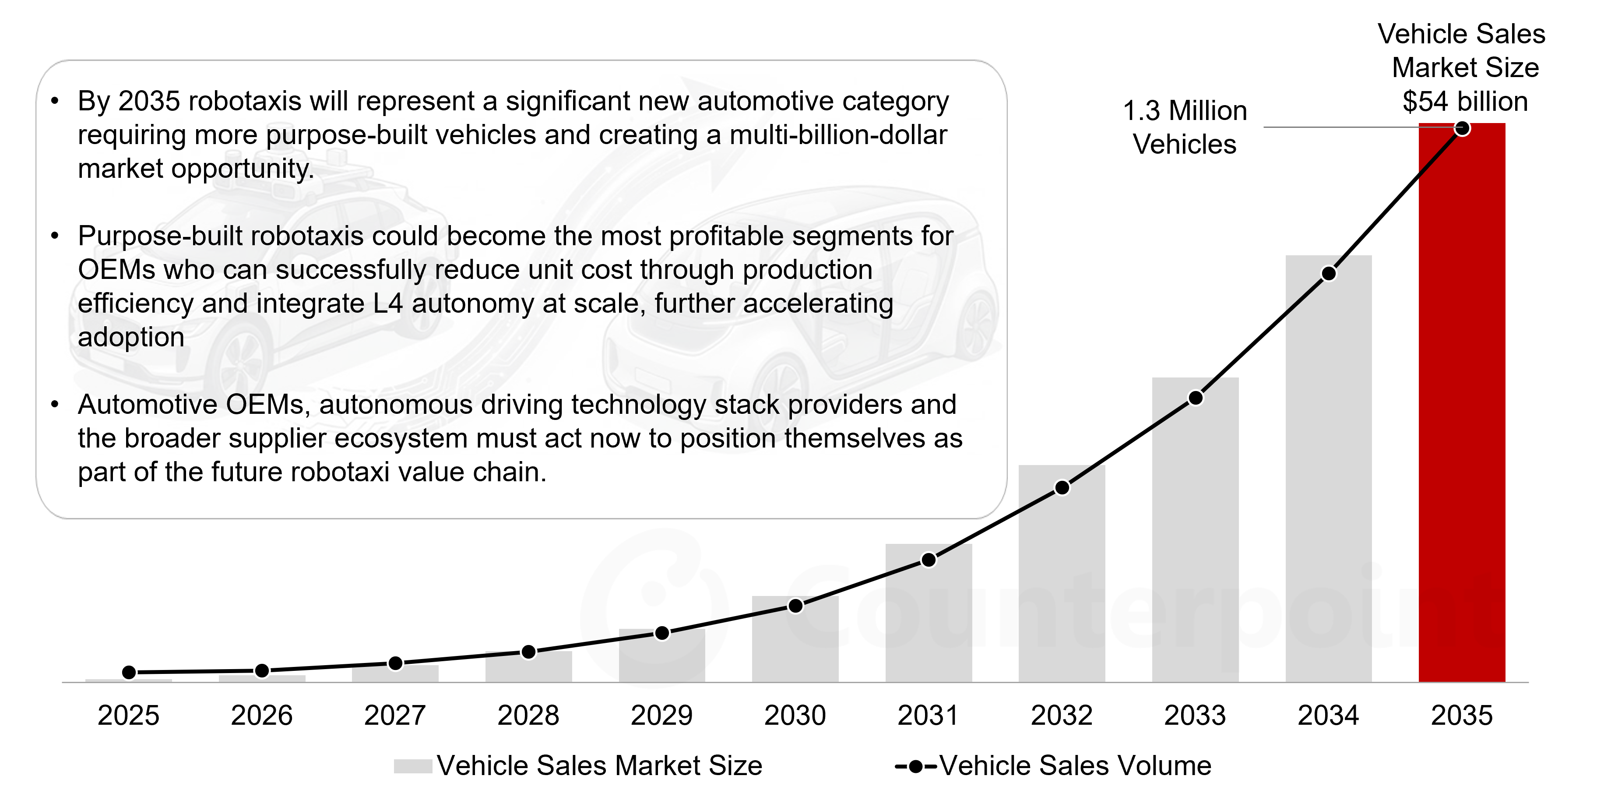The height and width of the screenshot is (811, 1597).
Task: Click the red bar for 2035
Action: click(1462, 402)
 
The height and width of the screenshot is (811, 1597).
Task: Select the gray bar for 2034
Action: click(1329, 469)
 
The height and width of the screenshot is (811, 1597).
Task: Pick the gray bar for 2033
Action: click(1195, 530)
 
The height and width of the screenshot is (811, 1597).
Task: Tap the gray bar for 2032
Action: click(1062, 574)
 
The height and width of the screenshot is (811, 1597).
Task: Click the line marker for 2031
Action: click(929, 560)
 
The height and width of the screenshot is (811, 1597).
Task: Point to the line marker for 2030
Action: click(795, 606)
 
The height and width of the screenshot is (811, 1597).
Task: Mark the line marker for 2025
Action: click(129, 672)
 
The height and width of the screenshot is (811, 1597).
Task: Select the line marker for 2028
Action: click(529, 652)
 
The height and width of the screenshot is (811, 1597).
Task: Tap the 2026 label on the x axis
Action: click(262, 716)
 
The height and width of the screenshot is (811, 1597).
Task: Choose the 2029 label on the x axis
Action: click(661, 716)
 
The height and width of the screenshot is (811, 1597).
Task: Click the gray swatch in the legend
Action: click(413, 766)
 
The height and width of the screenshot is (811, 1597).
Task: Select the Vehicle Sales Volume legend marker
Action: click(916, 767)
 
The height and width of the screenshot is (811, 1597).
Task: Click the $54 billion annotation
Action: click(1465, 102)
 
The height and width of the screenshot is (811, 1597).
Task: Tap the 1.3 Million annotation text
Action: click(1185, 111)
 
